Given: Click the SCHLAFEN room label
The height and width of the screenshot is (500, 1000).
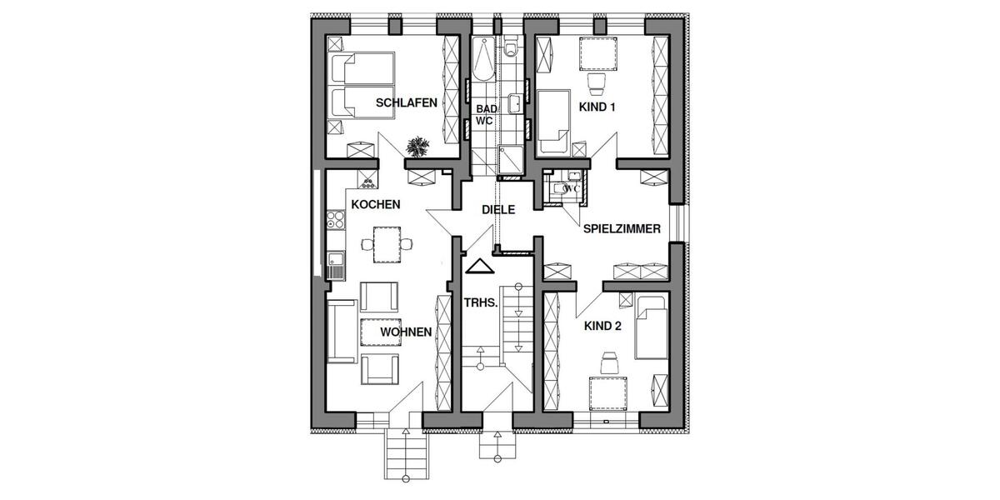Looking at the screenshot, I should [407, 103].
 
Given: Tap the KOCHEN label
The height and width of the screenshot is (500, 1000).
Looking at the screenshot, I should [376, 204].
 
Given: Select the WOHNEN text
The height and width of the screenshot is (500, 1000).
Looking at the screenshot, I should [406, 332].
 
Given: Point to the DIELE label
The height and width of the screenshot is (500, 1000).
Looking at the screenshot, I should [497, 211].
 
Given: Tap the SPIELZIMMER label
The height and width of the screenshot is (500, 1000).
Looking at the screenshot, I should [622, 227].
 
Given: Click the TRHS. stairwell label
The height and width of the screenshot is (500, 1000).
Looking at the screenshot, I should [481, 305].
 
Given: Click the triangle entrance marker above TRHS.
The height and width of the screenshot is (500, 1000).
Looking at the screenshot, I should [479, 267].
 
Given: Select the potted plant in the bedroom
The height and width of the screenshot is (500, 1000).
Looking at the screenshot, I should [417, 147].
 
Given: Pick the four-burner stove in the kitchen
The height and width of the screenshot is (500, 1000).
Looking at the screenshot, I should [336, 220].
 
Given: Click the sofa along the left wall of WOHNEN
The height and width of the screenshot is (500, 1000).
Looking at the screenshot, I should [341, 332].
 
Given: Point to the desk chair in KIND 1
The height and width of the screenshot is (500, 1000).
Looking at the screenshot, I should [596, 82].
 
